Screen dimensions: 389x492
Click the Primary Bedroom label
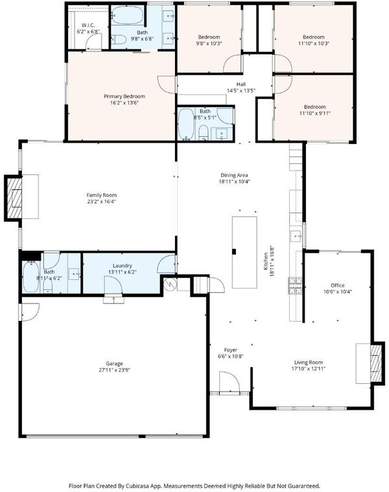coord(124,97)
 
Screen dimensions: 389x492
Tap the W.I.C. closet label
coord(88,25)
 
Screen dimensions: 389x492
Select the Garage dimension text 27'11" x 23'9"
coord(114,370)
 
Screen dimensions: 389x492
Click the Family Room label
coord(101,195)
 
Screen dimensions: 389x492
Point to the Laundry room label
coord(123,266)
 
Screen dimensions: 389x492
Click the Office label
coord(338,285)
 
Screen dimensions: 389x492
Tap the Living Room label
coord(309,362)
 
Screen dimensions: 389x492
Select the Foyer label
coord(231,350)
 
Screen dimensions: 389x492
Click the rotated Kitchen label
coord(266,261)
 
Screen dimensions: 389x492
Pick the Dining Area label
coord(234,175)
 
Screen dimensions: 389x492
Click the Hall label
coord(241,84)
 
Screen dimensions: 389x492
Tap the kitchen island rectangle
coord(244,252)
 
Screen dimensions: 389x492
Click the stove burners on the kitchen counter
coord(295,285)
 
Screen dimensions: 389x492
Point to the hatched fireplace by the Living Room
coord(377,363)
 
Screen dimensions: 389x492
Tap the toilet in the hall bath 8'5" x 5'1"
coord(204,133)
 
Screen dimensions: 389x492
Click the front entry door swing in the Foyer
coord(230,382)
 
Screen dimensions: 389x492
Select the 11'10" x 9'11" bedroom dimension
coord(315,113)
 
